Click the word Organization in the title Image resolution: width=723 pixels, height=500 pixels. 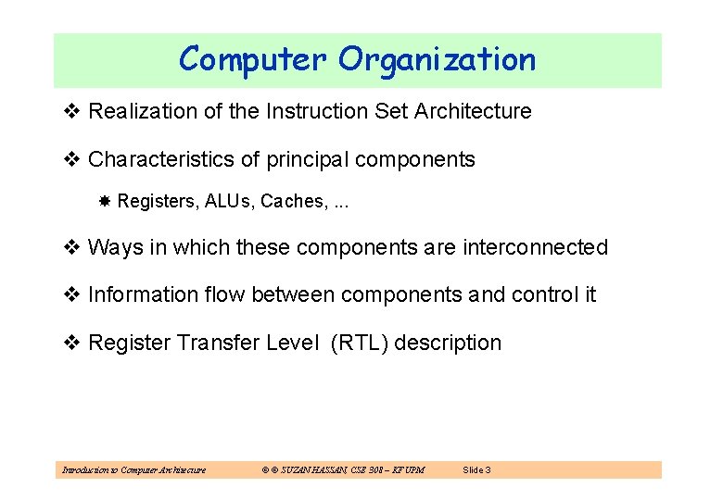click(437, 59)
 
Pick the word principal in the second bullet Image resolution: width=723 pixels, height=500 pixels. click(308, 159)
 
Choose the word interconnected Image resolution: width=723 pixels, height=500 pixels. click(536, 248)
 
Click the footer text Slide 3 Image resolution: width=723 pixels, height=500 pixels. click(476, 470)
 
